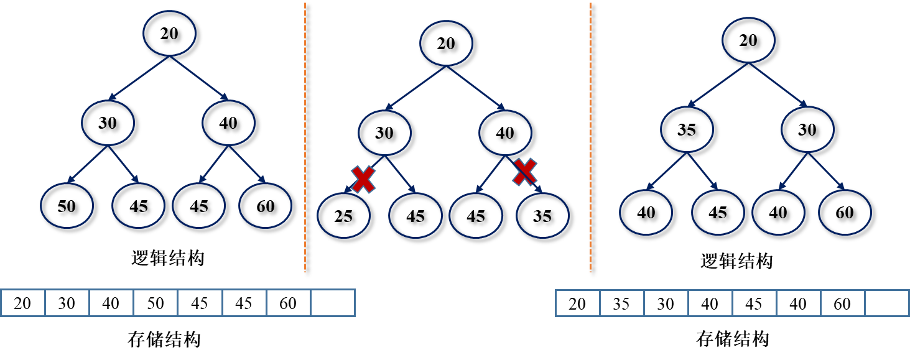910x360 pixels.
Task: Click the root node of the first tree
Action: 169,33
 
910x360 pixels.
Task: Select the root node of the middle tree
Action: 446,43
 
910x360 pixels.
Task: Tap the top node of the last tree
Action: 748,40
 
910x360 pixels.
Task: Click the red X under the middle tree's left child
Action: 363,179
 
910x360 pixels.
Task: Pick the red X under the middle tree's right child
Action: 524,172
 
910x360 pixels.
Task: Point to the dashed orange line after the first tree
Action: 305,137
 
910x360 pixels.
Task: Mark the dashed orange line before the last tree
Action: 590,137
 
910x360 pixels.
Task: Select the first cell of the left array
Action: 23,303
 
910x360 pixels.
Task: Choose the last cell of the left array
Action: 333,303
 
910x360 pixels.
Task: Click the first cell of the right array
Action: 578,303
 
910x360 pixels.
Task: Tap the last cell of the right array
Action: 887,303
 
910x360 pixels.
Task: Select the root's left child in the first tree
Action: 108,122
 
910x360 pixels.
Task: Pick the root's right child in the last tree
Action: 807,129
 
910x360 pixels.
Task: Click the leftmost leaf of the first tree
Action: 67,205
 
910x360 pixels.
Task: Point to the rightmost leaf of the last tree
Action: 845,212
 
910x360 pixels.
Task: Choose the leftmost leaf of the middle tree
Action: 343,215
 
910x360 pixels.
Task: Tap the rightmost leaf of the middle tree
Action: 542,215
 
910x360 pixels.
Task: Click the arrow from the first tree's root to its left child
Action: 139,78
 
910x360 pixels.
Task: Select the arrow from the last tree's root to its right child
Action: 778,85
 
